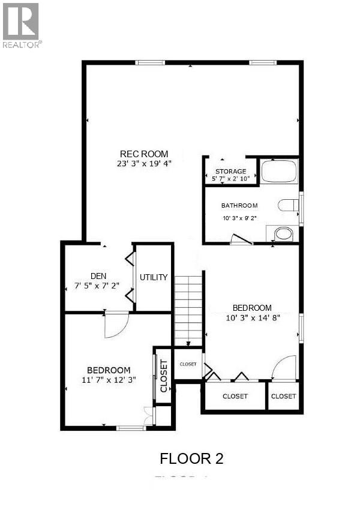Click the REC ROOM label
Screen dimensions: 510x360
coord(144,154)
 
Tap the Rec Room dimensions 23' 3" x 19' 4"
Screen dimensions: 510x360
coord(144,163)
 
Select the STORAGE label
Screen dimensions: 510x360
coord(231,172)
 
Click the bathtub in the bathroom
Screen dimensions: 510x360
coord(280,171)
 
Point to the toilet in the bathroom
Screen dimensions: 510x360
coord(289,206)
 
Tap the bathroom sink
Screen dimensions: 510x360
coord(283,233)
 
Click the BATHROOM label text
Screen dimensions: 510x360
coord(239,205)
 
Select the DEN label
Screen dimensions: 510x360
coord(98,277)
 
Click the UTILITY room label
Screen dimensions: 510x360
coord(153,277)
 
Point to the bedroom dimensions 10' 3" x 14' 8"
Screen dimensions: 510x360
coord(252,317)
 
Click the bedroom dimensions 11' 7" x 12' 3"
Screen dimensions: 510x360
coord(109,379)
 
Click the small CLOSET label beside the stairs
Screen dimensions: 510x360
coord(188,364)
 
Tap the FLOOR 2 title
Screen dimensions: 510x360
coord(191,459)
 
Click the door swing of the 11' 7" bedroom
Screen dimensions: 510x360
coord(115,325)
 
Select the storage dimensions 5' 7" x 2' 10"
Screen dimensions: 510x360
coord(231,179)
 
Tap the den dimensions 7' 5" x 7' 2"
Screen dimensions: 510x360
coord(98,286)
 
